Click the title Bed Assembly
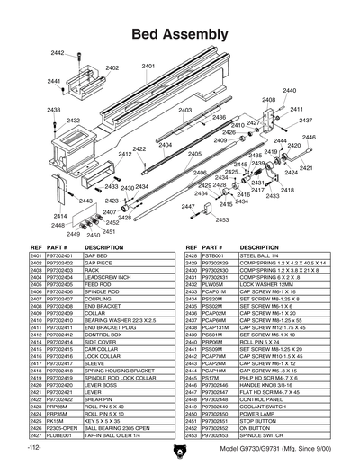(x=179, y=34)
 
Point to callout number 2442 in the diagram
(x=58, y=54)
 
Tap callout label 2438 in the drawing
(x=54, y=110)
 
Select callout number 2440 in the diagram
(x=289, y=91)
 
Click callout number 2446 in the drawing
(x=309, y=138)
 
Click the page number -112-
(x=35, y=448)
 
